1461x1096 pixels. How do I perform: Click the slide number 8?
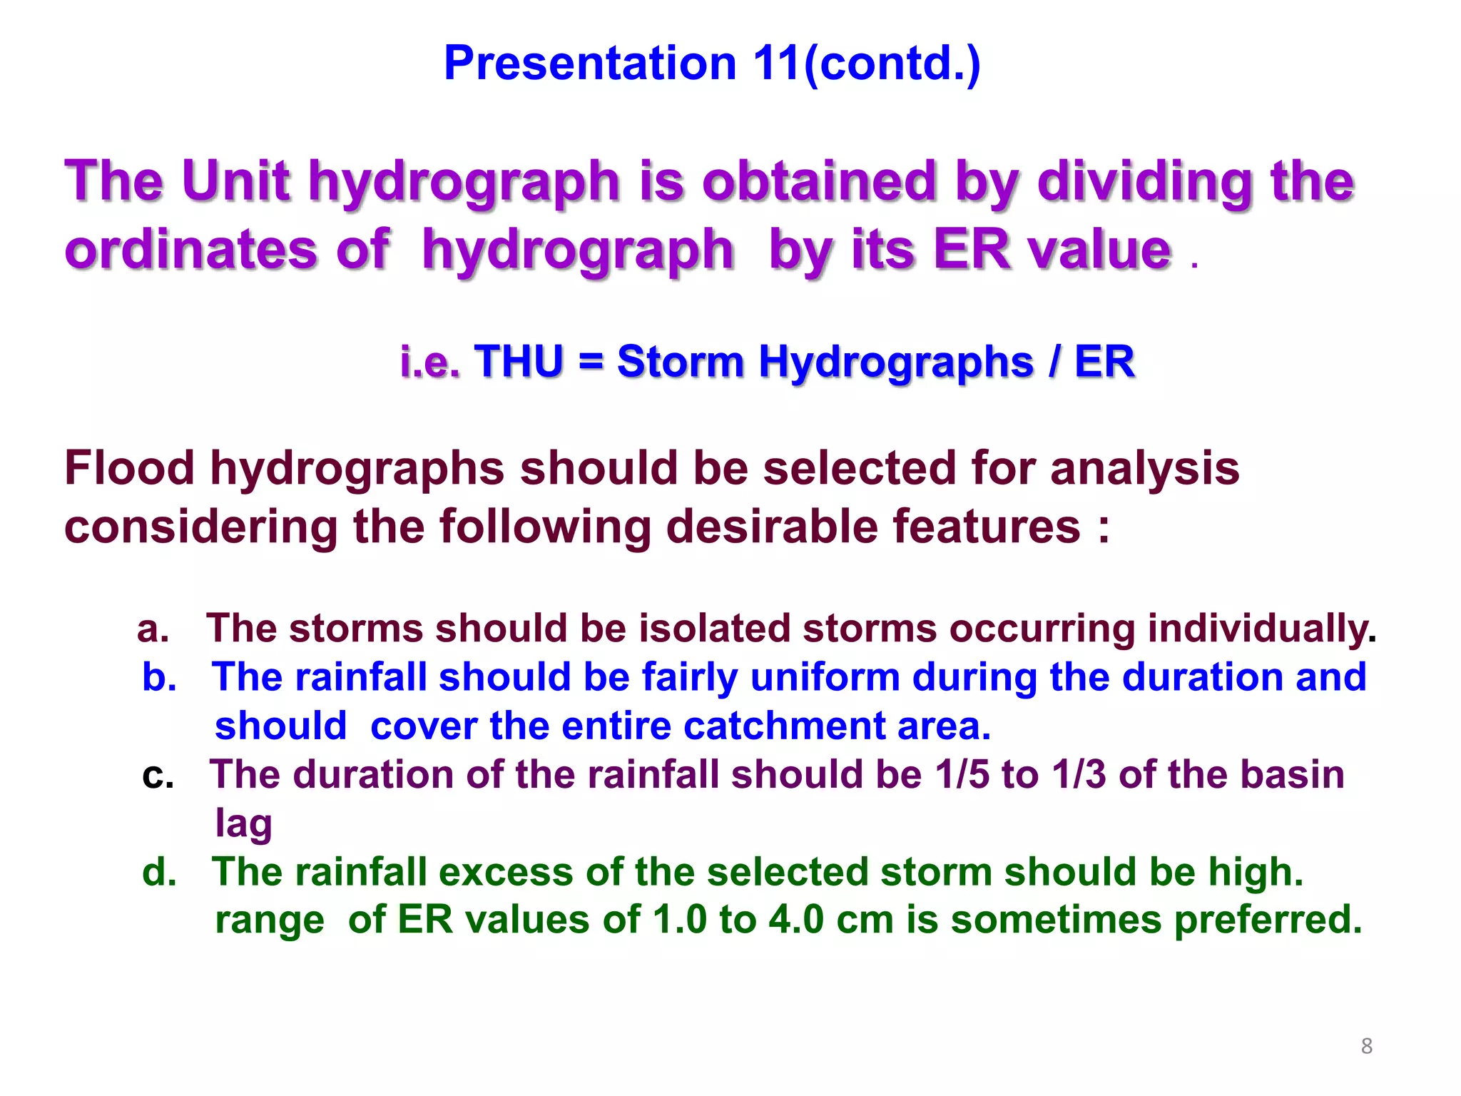pyautogui.click(x=1366, y=1045)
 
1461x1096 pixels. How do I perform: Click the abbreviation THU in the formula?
pyautogui.click(x=519, y=361)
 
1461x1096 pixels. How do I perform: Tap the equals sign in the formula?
pyautogui.click(x=591, y=361)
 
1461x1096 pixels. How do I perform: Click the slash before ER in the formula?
pyautogui.click(x=1054, y=361)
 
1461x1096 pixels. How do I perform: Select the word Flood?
pyautogui.click(x=129, y=469)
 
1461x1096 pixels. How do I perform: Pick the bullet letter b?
pyautogui.click(x=159, y=677)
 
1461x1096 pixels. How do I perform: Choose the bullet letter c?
pyautogui.click(x=158, y=776)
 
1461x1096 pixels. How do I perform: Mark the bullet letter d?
pyautogui.click(x=159, y=872)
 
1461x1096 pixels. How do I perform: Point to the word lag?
pyautogui.click(x=243, y=825)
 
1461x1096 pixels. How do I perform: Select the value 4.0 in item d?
pyautogui.click(x=796, y=920)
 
